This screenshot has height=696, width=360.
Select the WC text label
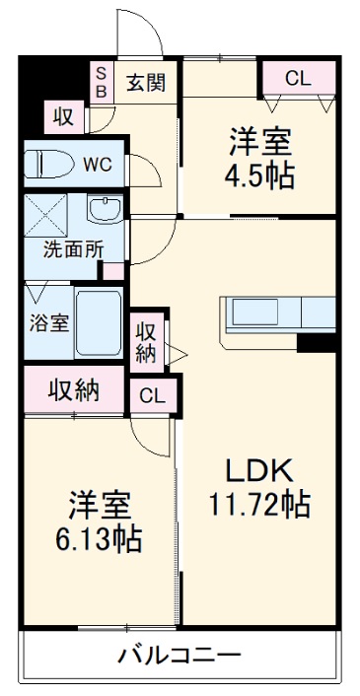[97, 165]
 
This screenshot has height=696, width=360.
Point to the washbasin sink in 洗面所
[102, 210]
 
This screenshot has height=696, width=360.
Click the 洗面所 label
[73, 249]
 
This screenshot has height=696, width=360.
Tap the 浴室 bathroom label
[48, 323]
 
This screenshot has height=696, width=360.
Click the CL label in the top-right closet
[299, 78]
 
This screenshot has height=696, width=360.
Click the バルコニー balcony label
[179, 655]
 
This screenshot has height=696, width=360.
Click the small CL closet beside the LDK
[151, 395]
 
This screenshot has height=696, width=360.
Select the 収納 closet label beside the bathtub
[146, 340]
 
